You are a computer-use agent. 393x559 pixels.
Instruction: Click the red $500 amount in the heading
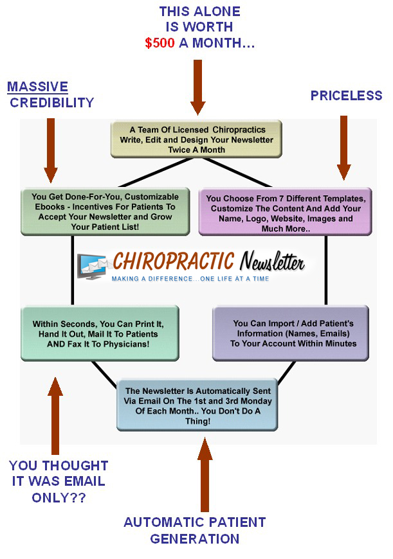click(x=160, y=43)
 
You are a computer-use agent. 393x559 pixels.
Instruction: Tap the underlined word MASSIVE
click(x=37, y=87)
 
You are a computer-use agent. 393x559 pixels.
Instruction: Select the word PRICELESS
click(x=346, y=96)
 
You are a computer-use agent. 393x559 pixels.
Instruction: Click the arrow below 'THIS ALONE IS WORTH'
click(x=197, y=87)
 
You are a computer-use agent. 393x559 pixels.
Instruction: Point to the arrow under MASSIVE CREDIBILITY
click(x=51, y=150)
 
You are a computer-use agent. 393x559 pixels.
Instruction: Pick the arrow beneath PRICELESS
click(x=343, y=148)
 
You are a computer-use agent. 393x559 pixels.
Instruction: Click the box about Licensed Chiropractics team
click(x=196, y=139)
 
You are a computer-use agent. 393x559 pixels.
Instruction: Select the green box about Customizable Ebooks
click(x=105, y=211)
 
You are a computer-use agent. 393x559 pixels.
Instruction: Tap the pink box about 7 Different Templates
click(x=285, y=212)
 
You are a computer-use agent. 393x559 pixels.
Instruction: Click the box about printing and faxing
click(x=100, y=333)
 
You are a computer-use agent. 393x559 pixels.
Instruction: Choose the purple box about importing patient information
click(x=291, y=333)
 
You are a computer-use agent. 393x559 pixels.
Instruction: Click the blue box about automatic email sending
click(x=197, y=405)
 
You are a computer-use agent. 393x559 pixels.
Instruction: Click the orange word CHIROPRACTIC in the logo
click(x=174, y=261)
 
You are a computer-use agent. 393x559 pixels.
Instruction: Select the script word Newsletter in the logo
click(x=272, y=261)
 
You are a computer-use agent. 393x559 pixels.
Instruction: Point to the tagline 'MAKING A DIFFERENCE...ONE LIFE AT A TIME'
click(x=190, y=279)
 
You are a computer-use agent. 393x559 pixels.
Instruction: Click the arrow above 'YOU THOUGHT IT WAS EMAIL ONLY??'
click(x=55, y=416)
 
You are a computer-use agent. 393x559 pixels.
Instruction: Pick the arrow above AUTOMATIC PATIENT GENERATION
click(x=205, y=475)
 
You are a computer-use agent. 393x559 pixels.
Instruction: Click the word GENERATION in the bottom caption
click(x=194, y=538)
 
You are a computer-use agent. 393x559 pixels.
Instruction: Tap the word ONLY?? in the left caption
click(x=59, y=497)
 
